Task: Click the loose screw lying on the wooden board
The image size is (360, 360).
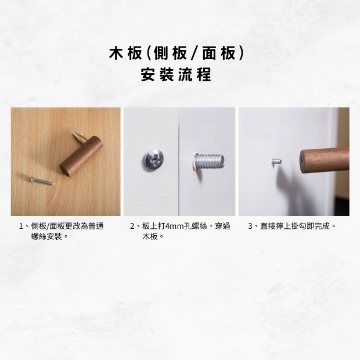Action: (42, 181)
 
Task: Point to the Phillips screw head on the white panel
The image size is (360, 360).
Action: (154, 160)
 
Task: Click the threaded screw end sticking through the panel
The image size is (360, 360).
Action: (208, 161)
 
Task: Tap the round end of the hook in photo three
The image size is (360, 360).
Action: (303, 161)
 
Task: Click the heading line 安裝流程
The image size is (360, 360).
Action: (176, 75)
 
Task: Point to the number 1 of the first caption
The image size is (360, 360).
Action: (21, 226)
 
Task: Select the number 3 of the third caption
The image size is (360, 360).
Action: (250, 226)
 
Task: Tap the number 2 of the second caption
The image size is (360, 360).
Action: (132, 226)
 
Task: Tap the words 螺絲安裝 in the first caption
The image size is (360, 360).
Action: (46, 236)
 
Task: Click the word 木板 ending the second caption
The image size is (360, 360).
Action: (150, 236)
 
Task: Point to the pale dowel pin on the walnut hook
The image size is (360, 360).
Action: (78, 137)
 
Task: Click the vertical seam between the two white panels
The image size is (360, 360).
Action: (179, 161)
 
